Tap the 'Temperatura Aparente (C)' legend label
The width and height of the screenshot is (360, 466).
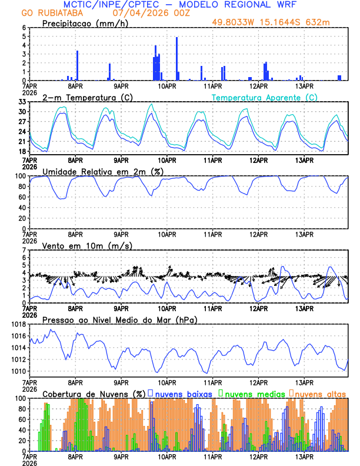coord(265,97)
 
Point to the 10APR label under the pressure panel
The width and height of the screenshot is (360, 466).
coord(167,381)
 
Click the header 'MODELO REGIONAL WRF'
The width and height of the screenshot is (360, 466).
coord(238,4)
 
